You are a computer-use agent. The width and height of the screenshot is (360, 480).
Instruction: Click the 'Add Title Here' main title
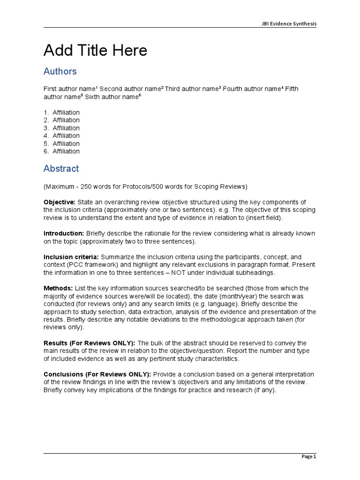click(x=95, y=51)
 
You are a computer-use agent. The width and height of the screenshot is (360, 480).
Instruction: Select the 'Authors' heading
click(x=60, y=71)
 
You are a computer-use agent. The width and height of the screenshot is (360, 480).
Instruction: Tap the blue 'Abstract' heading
click(x=61, y=168)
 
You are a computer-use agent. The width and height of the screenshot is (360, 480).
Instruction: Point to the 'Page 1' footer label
click(x=308, y=457)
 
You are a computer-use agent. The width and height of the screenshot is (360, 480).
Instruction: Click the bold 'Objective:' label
click(x=60, y=202)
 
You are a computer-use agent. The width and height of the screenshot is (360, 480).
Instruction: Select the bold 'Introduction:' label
click(x=64, y=233)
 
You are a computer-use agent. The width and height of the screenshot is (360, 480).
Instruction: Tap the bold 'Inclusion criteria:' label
click(x=71, y=257)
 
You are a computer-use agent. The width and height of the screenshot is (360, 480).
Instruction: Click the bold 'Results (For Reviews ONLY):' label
click(x=89, y=343)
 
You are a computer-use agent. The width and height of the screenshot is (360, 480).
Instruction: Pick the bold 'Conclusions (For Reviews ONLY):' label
click(x=97, y=375)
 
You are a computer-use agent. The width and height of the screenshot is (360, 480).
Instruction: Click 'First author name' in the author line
click(x=69, y=89)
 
